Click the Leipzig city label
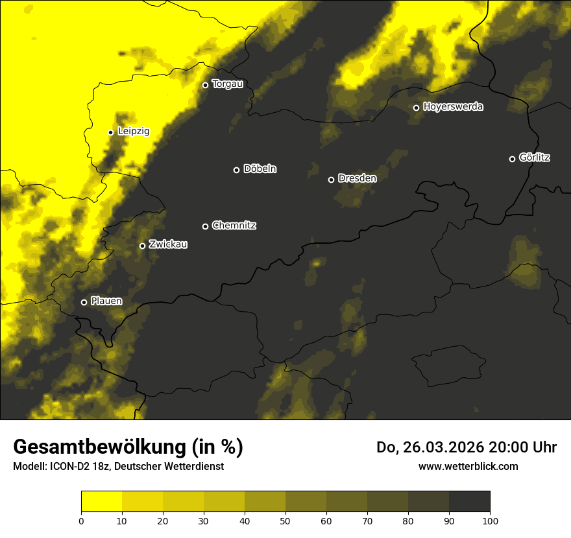point(134,131)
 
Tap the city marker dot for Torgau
point(205,85)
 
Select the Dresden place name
point(357,178)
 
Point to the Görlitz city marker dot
point(512,159)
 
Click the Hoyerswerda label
point(453,106)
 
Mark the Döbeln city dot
point(236,170)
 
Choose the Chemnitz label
point(234,226)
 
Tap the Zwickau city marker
point(142,246)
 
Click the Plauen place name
point(106,301)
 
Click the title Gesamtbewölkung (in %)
point(128,447)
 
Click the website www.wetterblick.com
point(468,466)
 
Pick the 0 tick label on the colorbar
point(81,520)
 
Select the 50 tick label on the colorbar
point(285,520)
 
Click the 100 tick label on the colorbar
point(490,520)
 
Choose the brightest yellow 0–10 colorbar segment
point(101,502)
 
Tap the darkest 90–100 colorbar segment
point(469,502)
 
